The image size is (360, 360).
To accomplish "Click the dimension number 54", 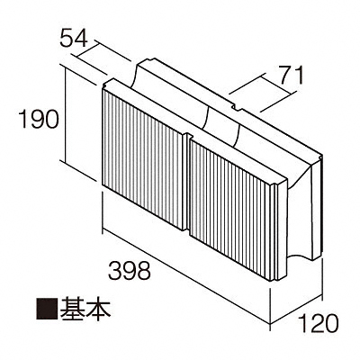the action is point(74,38).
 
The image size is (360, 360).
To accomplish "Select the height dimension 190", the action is point(38,119).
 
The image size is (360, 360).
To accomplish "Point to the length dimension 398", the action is point(129,271).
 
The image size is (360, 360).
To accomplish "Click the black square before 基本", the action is point(47,309).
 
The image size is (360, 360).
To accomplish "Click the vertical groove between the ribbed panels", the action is point(187,183).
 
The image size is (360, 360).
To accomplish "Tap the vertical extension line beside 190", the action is point(65,113).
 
